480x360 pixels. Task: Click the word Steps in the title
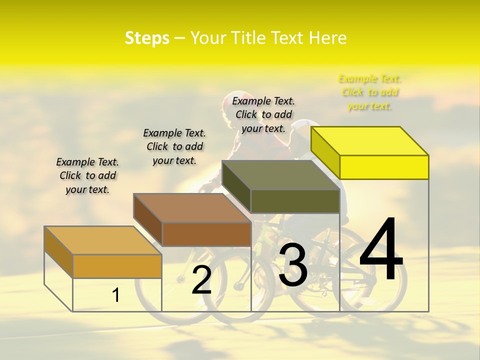click(x=147, y=38)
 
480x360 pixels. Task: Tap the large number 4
click(x=381, y=250)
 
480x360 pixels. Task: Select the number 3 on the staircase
click(x=293, y=265)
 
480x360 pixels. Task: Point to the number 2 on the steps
click(x=201, y=280)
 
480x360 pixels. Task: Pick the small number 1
click(x=116, y=295)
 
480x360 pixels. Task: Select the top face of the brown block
click(x=192, y=208)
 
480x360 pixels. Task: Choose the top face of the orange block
click(x=103, y=240)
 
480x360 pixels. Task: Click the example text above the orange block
click(x=87, y=175)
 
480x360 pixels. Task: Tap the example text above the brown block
click(x=174, y=146)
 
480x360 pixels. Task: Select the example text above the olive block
click(x=263, y=114)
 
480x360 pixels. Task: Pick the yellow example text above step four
click(x=369, y=92)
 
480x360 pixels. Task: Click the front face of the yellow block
click(x=384, y=167)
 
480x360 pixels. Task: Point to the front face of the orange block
click(x=117, y=266)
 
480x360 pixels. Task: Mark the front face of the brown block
click(x=206, y=234)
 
